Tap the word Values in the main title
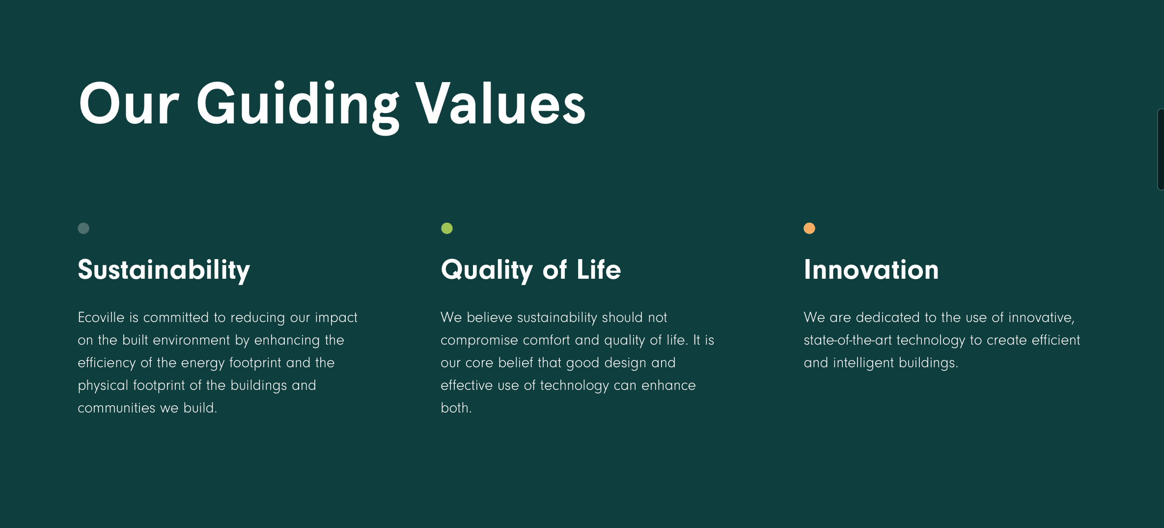(x=500, y=103)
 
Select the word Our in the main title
(x=129, y=104)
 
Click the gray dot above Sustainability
(x=83, y=228)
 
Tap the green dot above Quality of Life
(x=447, y=228)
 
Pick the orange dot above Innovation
(x=809, y=228)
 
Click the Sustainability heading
(x=164, y=270)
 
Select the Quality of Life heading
(x=531, y=270)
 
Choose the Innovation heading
(x=871, y=270)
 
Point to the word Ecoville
(x=101, y=318)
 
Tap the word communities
(x=116, y=408)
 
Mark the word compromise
(x=479, y=341)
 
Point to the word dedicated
(x=888, y=318)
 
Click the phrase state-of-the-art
(x=848, y=340)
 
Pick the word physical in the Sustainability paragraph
(x=103, y=386)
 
